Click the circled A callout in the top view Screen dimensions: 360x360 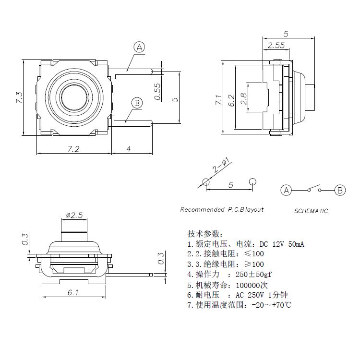pyautogui.click(x=139, y=47)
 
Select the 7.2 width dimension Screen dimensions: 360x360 pyautogui.click(x=73, y=149)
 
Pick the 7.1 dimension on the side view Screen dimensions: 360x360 pyautogui.click(x=218, y=100)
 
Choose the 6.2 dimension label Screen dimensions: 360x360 pyautogui.click(x=231, y=100)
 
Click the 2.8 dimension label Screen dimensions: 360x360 pyautogui.click(x=243, y=99)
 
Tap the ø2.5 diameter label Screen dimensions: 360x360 pyautogui.click(x=74, y=214)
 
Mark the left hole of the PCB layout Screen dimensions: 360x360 pyautogui.click(x=206, y=182)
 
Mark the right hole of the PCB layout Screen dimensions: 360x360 pyautogui.click(x=252, y=181)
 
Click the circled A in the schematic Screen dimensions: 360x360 pyautogui.click(x=286, y=190)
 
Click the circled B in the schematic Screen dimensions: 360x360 pyautogui.click(x=340, y=190)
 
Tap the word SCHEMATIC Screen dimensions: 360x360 pyautogui.click(x=311, y=211)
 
